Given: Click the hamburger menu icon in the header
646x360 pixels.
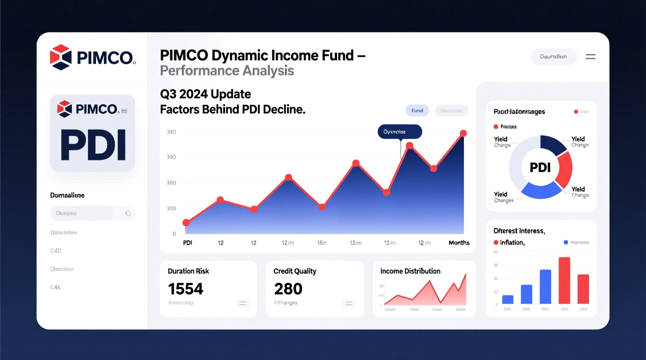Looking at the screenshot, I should pyautogui.click(x=590, y=57).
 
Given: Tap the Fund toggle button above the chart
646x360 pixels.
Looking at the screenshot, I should pyautogui.click(x=417, y=111).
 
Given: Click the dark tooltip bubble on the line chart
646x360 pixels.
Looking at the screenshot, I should pyautogui.click(x=399, y=132).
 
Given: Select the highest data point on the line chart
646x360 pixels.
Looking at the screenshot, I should pyautogui.click(x=463, y=133).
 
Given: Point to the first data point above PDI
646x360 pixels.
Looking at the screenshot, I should pyautogui.click(x=186, y=222).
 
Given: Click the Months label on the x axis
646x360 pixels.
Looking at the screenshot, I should pyautogui.click(x=459, y=243).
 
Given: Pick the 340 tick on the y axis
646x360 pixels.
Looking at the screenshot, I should pyautogui.click(x=171, y=157).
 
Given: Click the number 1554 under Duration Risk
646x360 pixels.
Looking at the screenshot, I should pyautogui.click(x=186, y=289).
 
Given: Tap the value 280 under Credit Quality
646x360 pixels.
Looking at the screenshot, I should pyautogui.click(x=288, y=289).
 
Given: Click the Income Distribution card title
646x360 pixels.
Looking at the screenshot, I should pyautogui.click(x=410, y=271).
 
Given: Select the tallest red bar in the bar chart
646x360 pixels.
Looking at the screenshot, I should pyautogui.click(x=564, y=280).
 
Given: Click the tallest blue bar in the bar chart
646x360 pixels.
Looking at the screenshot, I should pyautogui.click(x=545, y=286).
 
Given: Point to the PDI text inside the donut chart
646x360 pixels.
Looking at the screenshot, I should pyautogui.click(x=540, y=168).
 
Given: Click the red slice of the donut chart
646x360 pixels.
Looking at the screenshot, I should pyautogui.click(x=565, y=169).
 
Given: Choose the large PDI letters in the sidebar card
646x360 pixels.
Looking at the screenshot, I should pyautogui.click(x=93, y=145).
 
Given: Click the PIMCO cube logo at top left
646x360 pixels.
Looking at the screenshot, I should pyautogui.click(x=61, y=57).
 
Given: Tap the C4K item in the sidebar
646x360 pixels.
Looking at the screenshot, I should pyautogui.click(x=56, y=287).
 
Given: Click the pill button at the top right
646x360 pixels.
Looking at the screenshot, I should pyautogui.click(x=553, y=57).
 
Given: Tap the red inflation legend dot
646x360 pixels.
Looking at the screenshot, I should pyautogui.click(x=496, y=242).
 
